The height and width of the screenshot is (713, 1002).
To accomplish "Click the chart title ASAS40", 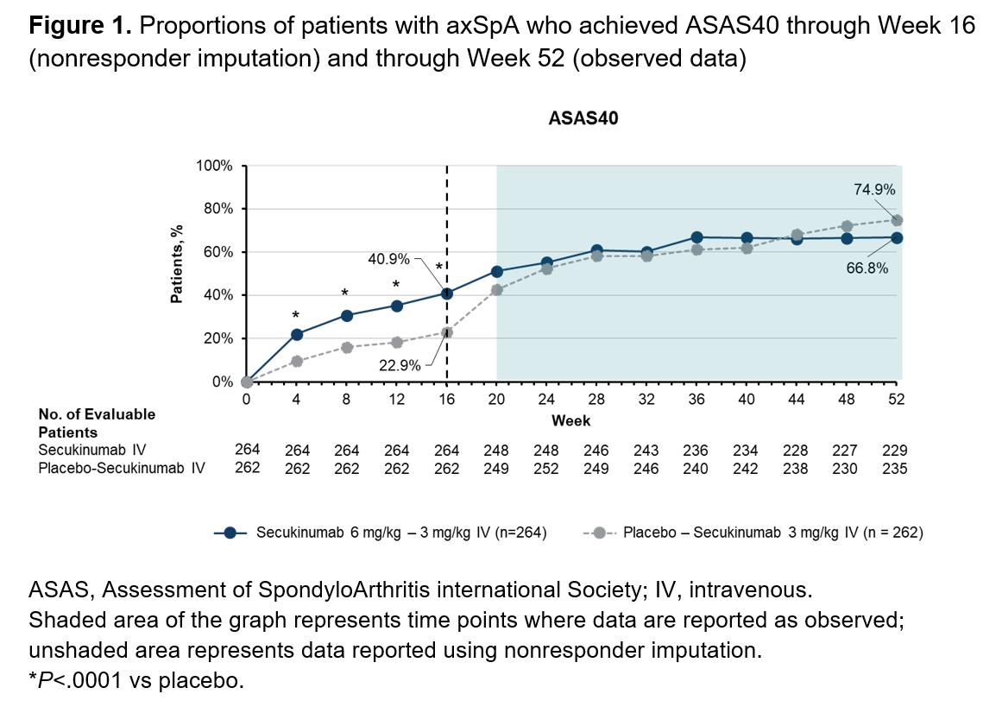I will (583, 119).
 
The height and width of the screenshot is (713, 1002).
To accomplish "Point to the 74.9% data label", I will (873, 190).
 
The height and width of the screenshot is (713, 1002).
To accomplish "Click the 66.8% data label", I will (867, 268).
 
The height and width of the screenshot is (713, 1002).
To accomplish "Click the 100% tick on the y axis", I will (216, 166).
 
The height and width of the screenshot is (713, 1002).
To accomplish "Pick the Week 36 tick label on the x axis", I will (696, 399).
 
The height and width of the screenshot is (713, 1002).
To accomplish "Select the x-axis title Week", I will (571, 421).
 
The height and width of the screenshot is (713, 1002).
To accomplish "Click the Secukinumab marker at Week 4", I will (297, 334).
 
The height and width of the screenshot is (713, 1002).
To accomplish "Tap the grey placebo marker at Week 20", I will (497, 290).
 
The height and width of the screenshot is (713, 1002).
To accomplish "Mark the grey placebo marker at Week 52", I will (897, 220).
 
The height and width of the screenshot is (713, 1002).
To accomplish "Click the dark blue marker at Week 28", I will (596, 251).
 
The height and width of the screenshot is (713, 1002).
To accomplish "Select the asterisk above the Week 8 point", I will (346, 293).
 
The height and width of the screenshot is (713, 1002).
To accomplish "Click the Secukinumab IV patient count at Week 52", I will (896, 450).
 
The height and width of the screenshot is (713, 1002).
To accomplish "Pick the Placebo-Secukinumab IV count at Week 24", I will (546, 469).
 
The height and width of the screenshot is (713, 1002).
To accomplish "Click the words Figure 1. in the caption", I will (79, 25).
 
